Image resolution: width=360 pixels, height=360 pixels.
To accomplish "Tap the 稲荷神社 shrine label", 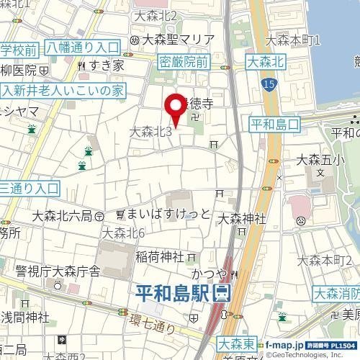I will (159, 256).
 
